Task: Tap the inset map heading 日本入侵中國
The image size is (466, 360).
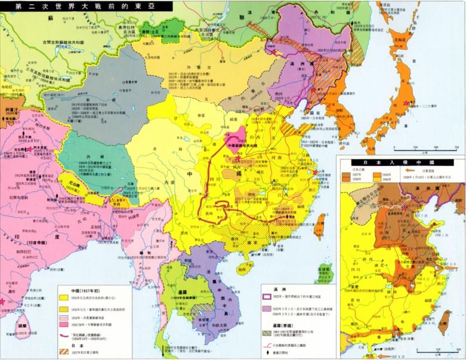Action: [x=400, y=162]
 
